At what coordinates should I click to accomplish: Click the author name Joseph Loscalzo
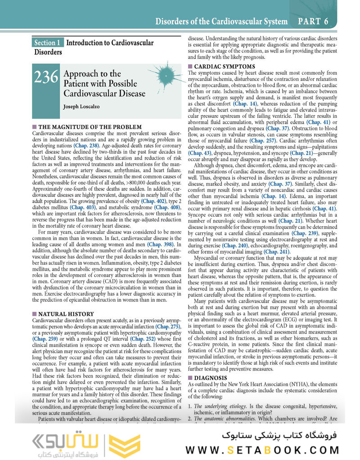[x=83, y=107]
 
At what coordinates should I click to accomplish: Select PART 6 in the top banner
[x=313, y=21]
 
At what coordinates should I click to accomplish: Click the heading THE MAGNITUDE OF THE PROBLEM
[x=90, y=127]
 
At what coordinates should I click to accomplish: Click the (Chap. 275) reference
[x=168, y=326]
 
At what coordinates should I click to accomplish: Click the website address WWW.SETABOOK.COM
[x=262, y=449]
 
